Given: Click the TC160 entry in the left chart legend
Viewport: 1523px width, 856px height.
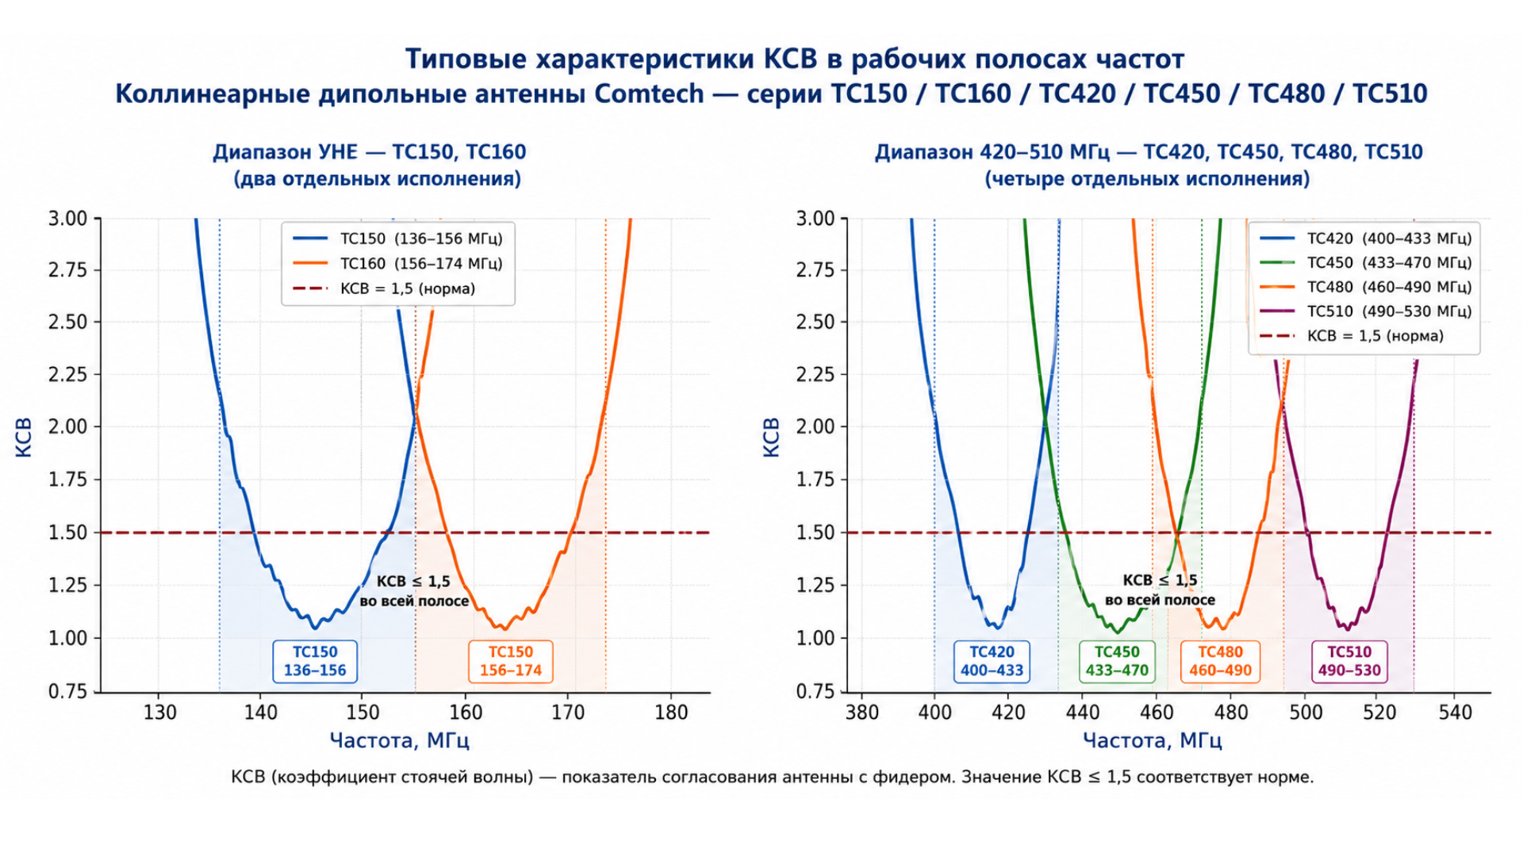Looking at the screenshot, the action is point(397,263).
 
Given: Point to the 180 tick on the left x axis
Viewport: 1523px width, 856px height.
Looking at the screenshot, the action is point(671,713).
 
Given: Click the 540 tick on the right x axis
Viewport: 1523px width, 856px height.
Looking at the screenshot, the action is point(1455,713).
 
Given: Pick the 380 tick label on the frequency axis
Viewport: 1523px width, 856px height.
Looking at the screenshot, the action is point(862,713).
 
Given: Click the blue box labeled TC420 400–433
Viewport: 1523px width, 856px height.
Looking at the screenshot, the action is point(992,662).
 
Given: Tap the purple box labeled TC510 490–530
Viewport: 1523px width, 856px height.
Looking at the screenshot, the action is point(1349,662).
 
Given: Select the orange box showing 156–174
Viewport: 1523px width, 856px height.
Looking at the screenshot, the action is point(511,662).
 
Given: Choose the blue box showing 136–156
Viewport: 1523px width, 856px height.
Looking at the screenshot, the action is point(315,662).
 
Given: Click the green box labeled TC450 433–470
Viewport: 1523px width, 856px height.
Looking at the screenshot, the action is point(1117,662).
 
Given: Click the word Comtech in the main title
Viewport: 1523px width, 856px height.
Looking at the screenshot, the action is point(649,94).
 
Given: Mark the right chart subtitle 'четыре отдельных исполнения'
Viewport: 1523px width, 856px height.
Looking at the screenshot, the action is point(1147,179).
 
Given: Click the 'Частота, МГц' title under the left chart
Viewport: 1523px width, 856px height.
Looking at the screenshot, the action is point(399,741).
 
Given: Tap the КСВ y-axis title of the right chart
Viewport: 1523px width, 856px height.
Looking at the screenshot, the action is point(771,437).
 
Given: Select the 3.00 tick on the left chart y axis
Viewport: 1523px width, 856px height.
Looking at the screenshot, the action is point(68,219).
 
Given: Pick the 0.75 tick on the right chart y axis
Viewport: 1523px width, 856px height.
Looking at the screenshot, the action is point(816,692).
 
